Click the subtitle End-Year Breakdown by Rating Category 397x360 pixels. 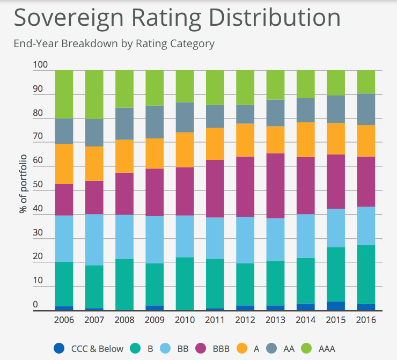click(114, 44)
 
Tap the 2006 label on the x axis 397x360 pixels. click(64, 319)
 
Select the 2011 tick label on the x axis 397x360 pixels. click(215, 319)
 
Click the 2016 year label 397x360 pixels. click(366, 319)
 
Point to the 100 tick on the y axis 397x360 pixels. click(40, 65)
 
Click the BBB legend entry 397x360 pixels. click(214, 348)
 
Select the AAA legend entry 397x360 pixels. click(319, 348)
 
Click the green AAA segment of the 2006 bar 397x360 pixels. click(64, 94)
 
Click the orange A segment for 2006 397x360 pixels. click(64, 164)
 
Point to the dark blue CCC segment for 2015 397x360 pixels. click(336, 306)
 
